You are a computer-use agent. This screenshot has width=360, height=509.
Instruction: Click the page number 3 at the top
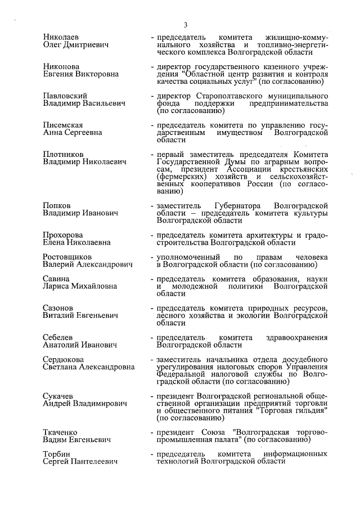pyautogui.click(x=184, y=24)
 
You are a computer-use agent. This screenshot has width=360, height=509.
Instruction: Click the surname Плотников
pyautogui.click(x=64, y=154)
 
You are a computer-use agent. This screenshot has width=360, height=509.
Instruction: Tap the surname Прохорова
pyautogui.click(x=63, y=235)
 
